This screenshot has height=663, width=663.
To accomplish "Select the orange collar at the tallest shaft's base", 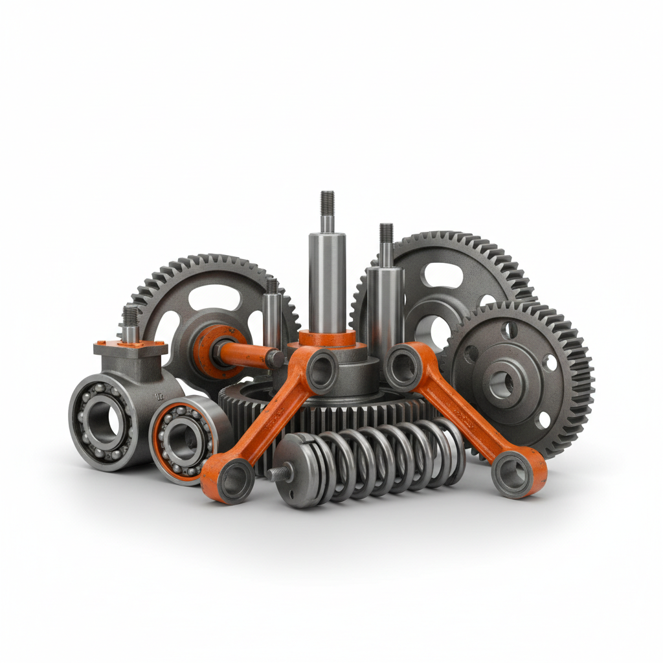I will click(327, 338).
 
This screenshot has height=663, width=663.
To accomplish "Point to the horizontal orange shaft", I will click(249, 353).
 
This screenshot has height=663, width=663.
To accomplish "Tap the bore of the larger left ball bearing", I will click(103, 420).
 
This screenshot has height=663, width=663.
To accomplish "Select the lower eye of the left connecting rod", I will click(227, 480).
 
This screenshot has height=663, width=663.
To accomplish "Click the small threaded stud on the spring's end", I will click(277, 473).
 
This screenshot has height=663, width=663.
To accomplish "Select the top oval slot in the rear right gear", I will click(442, 276).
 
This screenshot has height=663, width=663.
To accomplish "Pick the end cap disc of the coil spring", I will click(295, 471).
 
